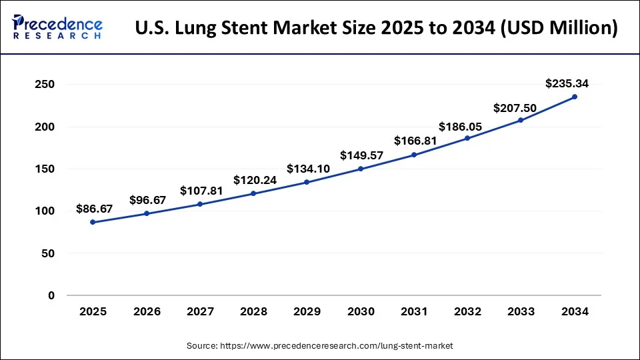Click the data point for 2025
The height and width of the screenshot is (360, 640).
click(x=93, y=222)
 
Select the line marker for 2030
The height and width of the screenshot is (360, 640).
click(x=360, y=169)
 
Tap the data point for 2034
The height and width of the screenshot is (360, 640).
click(x=575, y=97)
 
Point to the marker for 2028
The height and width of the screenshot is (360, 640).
click(x=253, y=193)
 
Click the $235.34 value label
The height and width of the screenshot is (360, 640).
click(x=567, y=83)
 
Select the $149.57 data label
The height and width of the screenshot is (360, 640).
click(x=361, y=155)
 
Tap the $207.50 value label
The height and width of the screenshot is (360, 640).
click(x=515, y=107)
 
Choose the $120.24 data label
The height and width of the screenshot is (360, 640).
click(x=255, y=180)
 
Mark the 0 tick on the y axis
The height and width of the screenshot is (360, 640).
click(x=51, y=295)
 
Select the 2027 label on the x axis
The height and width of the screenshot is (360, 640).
click(x=200, y=311)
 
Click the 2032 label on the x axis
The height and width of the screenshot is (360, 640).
click(x=467, y=311)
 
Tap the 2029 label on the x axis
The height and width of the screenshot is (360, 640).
click(x=307, y=311)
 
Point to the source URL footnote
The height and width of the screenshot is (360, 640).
click(x=319, y=345)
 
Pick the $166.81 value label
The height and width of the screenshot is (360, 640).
click(x=415, y=141)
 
